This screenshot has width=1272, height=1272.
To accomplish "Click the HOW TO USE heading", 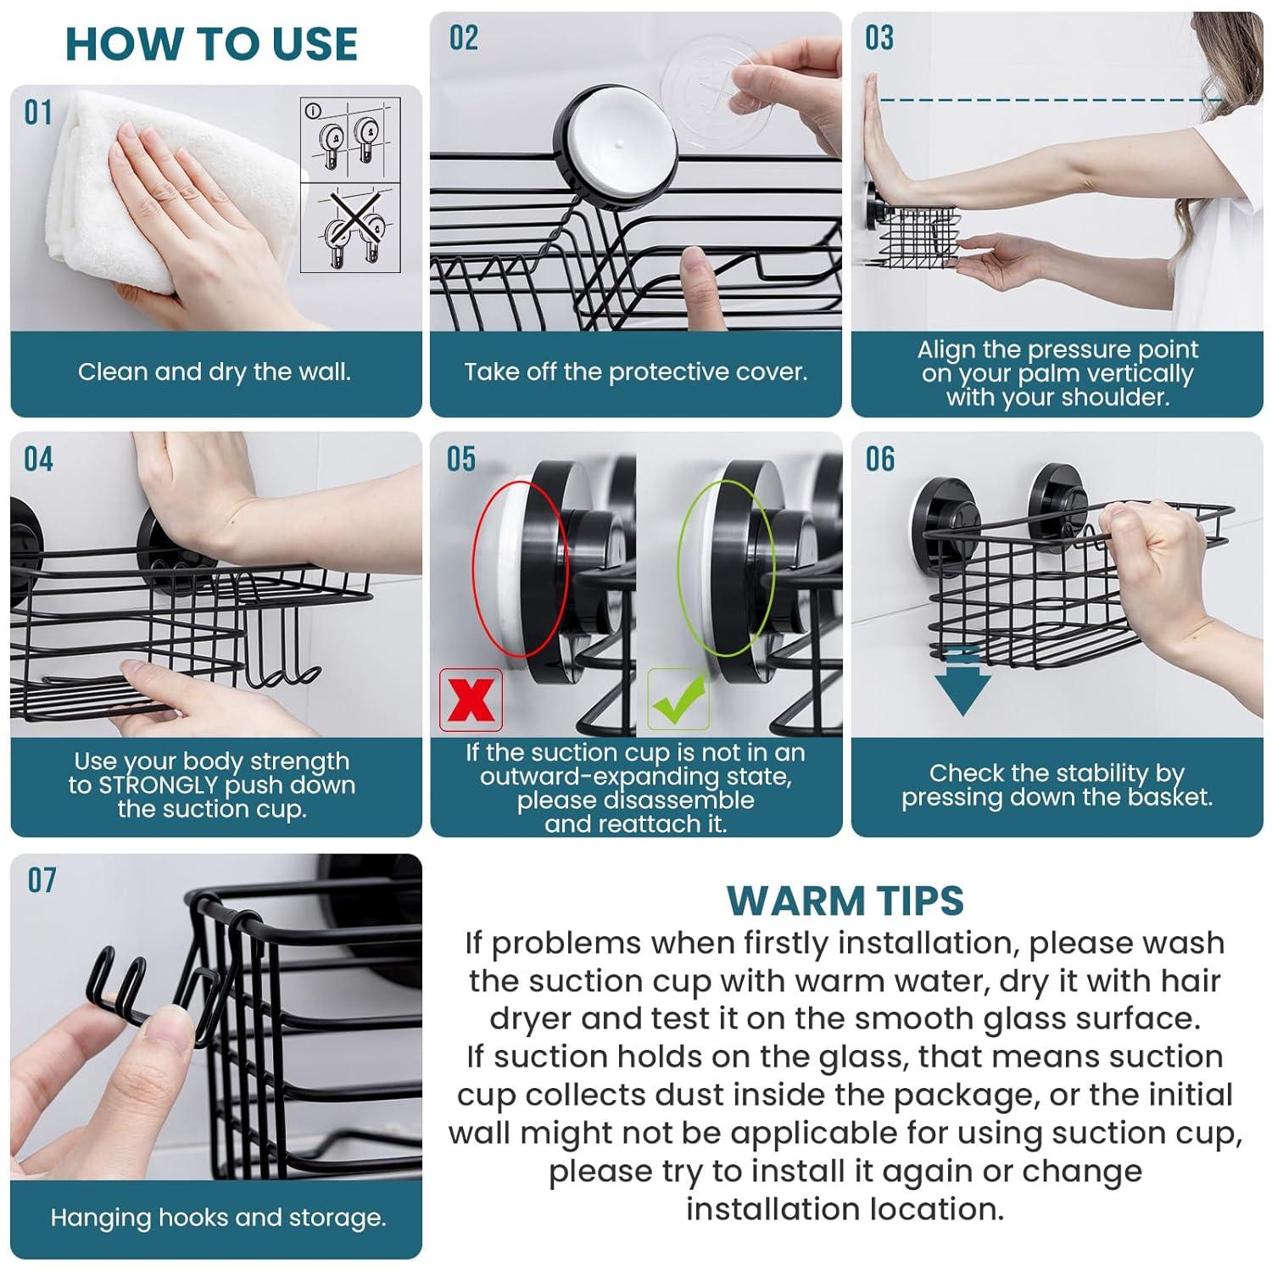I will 211,44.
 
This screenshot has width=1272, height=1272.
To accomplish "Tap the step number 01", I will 38,113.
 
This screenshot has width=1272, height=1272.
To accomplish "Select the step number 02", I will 464,38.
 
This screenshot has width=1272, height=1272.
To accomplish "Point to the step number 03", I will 879,38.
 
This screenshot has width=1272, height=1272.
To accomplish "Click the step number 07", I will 42,880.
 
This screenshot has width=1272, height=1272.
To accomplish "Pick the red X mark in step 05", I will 471,700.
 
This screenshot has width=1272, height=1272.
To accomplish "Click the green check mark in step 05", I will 678,700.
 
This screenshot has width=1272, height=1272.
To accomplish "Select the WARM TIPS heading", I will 845,901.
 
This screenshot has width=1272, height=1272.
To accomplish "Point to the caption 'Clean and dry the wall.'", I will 215,372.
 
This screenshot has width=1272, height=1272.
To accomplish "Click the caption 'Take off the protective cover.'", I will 635,372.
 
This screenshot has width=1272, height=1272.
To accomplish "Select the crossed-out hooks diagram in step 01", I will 350,229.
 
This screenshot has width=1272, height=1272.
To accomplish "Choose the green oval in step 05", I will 725,568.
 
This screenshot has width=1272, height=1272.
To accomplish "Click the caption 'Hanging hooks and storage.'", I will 218,1218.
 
